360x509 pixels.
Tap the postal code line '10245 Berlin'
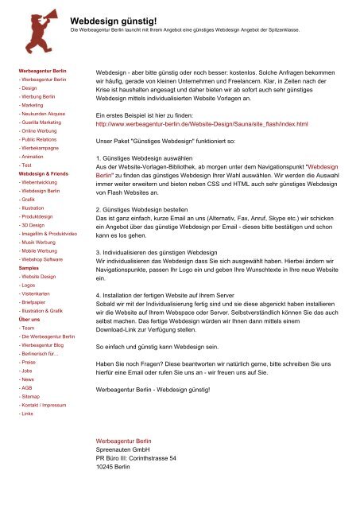tap(112, 468)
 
